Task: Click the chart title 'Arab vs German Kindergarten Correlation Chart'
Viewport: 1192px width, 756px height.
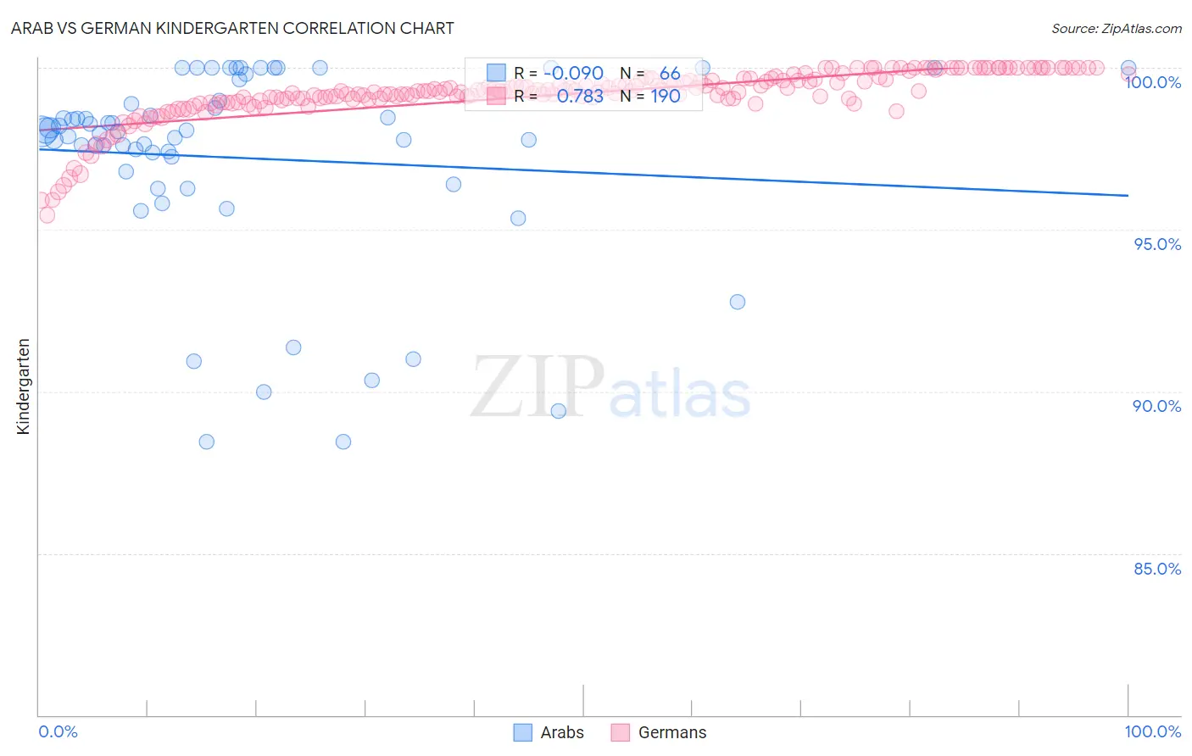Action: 232,28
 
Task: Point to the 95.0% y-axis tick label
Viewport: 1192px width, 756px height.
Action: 1157,244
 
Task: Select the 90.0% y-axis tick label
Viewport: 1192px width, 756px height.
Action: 1157,406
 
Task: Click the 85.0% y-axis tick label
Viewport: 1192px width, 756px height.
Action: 1157,569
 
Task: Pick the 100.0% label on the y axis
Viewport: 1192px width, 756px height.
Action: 1153,82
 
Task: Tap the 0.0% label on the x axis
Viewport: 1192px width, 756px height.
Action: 58,731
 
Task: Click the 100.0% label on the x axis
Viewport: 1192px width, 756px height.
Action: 1153,731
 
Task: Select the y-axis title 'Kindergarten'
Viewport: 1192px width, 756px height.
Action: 23,386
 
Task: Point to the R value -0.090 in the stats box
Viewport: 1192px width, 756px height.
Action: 574,74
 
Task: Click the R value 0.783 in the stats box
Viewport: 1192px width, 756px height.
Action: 580,97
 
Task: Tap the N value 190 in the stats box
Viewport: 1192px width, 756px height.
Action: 666,97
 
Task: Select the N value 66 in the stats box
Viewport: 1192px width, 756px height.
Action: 670,74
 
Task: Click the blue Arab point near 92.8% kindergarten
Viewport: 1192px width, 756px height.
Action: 738,302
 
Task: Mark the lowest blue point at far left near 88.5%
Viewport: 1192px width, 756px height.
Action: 206,442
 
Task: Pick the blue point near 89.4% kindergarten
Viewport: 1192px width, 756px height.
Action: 558,411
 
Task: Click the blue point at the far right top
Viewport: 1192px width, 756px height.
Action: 1128,68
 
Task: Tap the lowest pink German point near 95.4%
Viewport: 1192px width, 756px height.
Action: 47,215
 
